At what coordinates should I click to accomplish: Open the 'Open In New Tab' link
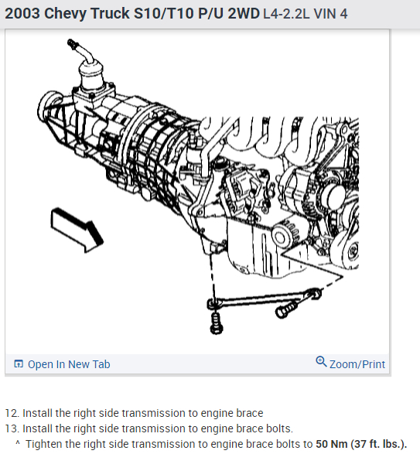69,364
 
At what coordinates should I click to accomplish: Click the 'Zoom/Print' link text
357,364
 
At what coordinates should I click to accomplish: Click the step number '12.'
12,413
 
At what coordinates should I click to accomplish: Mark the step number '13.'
12,428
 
